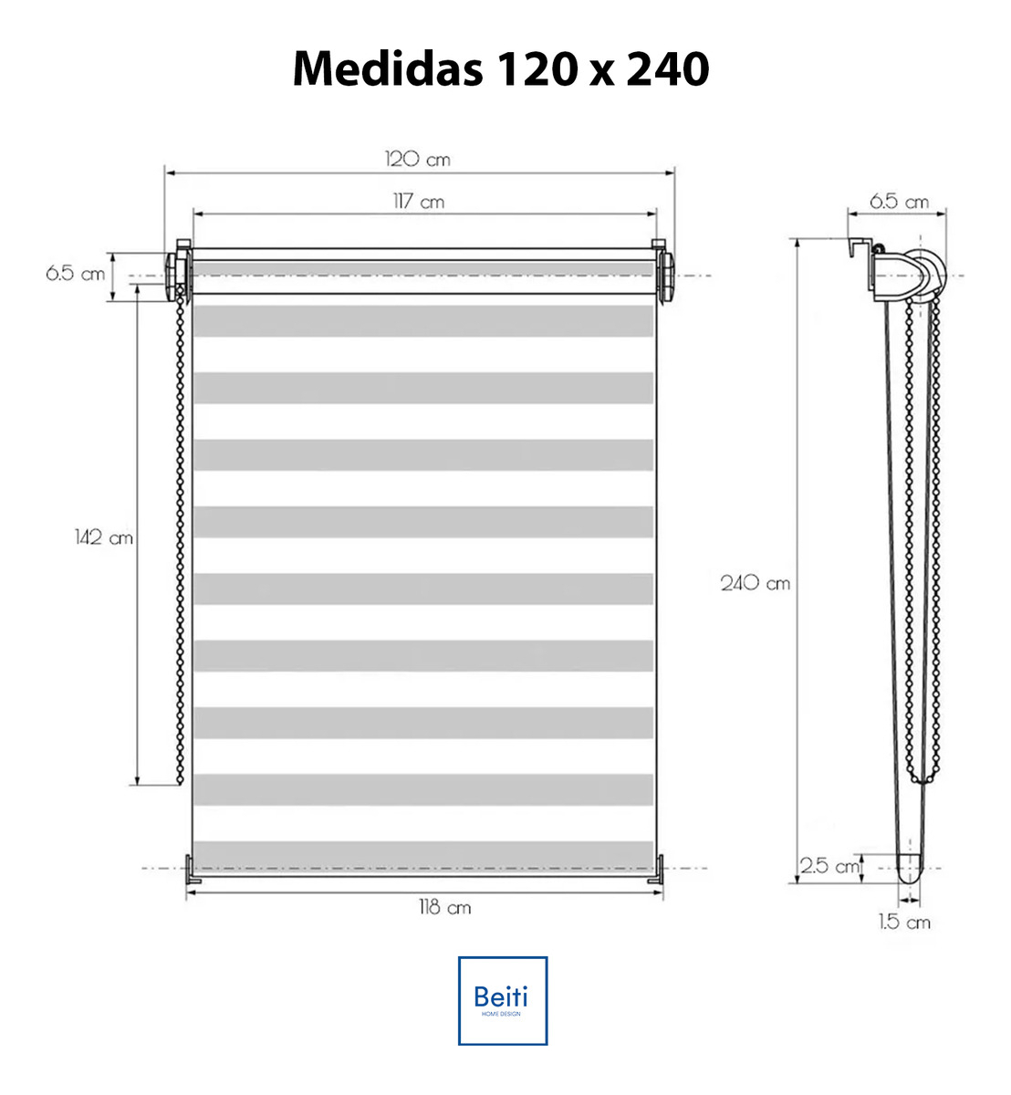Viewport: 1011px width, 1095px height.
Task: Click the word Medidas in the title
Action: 388,68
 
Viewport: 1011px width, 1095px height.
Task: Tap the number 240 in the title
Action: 668,69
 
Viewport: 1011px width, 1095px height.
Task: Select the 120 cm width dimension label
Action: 418,160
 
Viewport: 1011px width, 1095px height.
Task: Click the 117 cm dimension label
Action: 419,202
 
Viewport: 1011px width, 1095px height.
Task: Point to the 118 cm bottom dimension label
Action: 444,908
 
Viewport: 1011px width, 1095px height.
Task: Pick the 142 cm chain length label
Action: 104,537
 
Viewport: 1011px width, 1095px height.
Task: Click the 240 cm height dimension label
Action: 756,583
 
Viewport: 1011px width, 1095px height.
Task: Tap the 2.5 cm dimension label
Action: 830,866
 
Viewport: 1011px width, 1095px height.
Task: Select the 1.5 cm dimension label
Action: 904,922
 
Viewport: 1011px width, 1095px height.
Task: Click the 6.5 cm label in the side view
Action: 899,202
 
